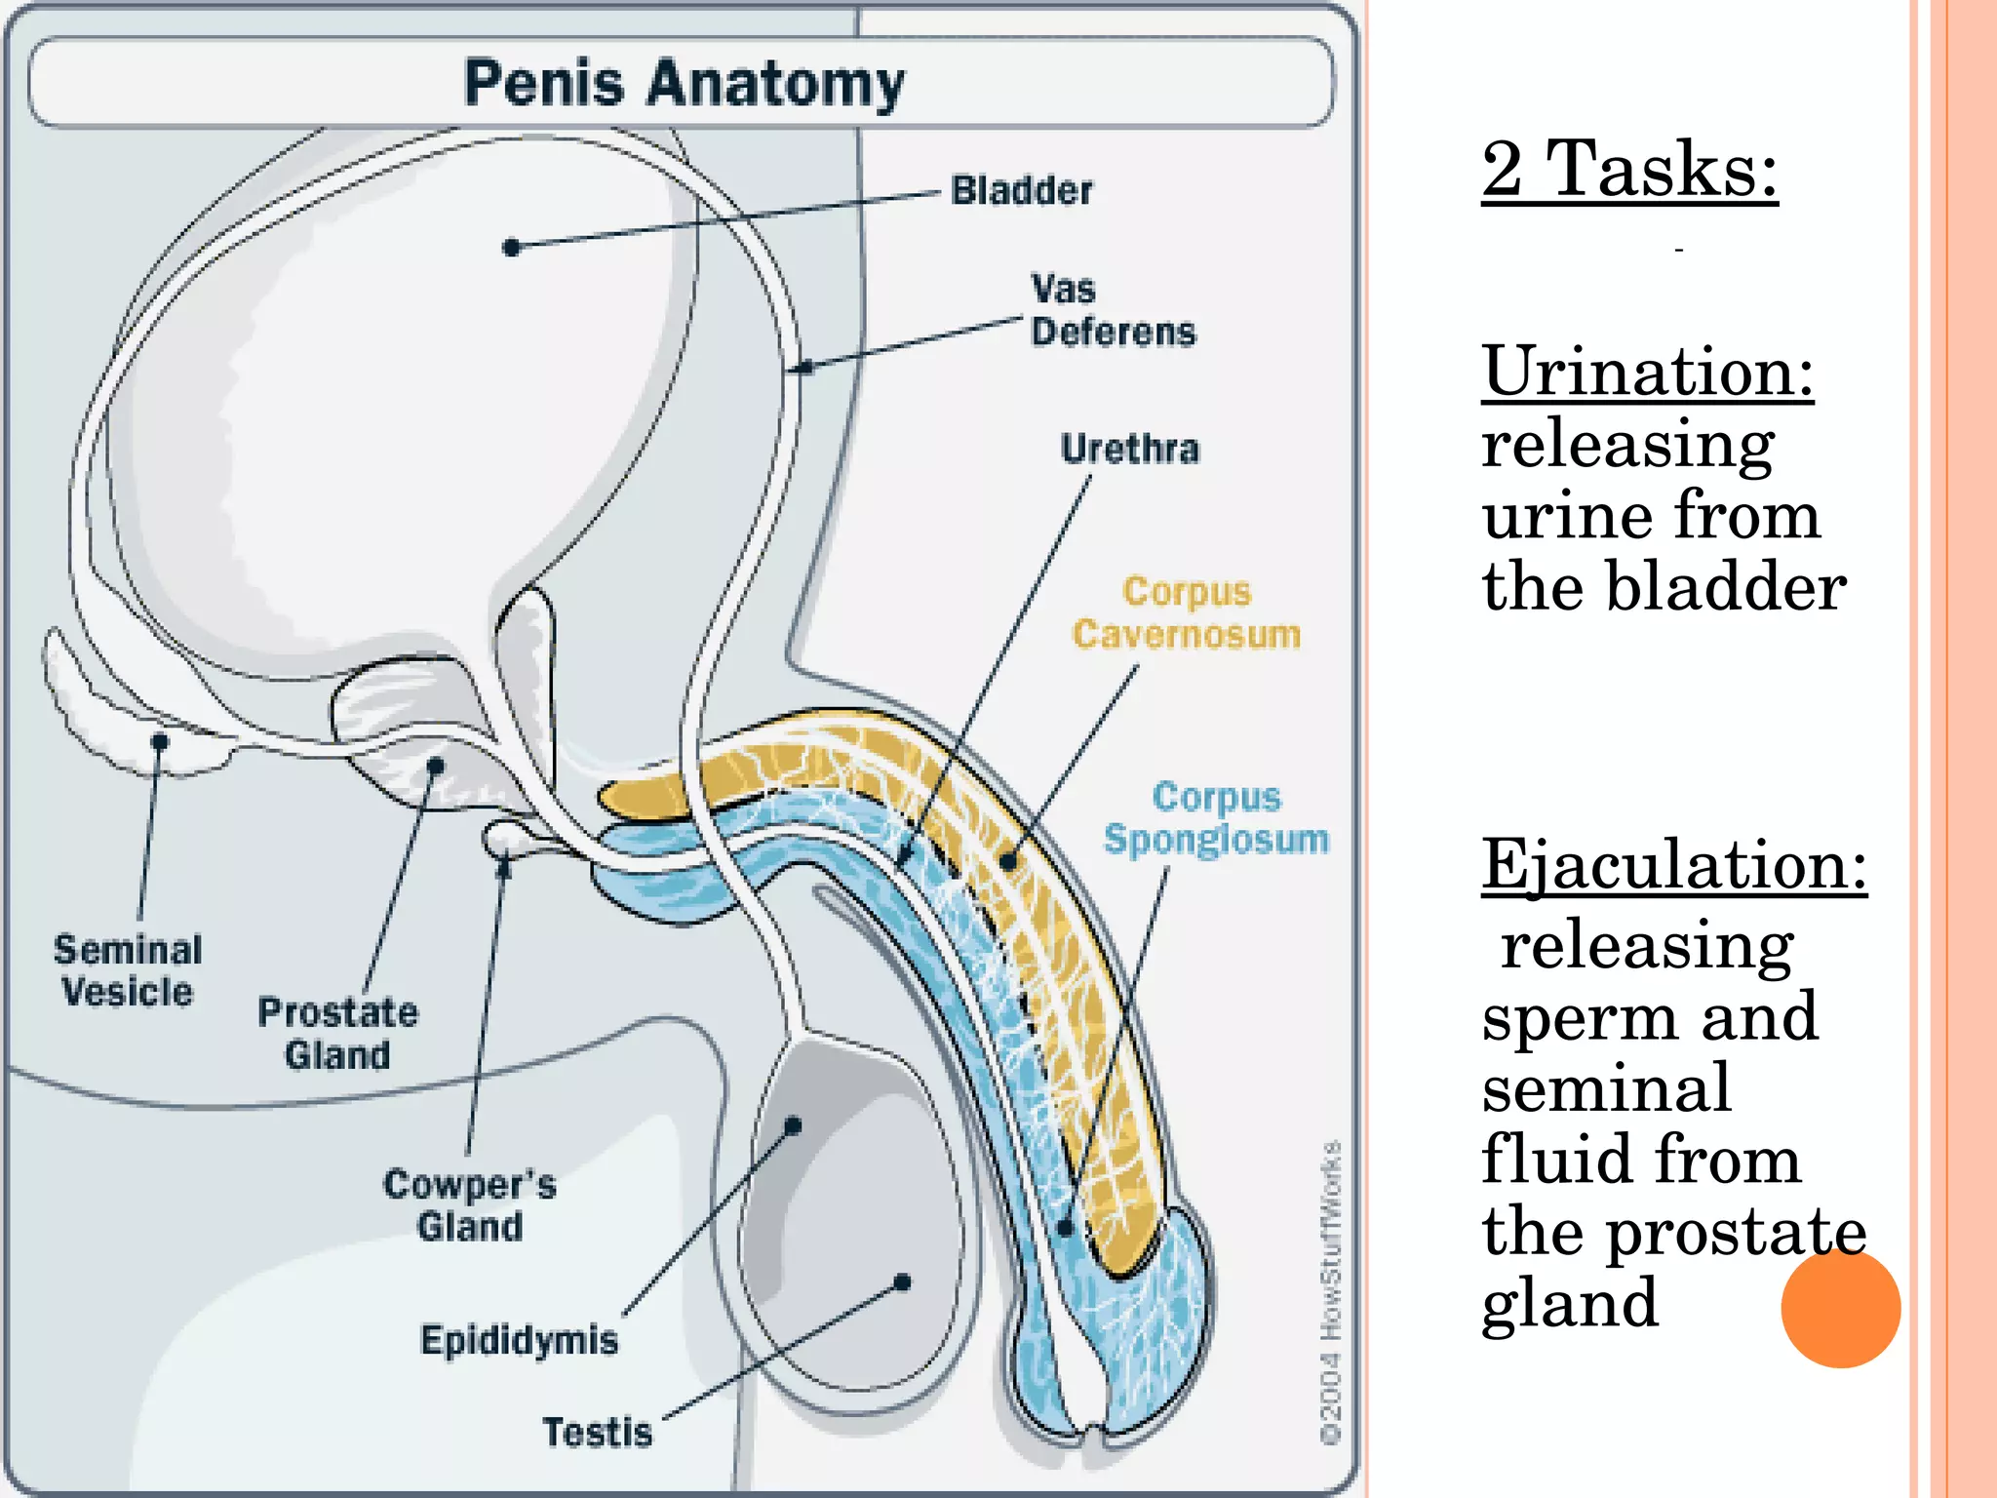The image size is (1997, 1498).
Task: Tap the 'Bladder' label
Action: (1021, 190)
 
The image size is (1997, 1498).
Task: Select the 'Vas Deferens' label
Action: (1112, 310)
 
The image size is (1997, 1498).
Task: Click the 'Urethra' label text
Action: (1129, 449)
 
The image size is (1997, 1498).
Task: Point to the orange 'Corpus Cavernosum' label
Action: (1186, 613)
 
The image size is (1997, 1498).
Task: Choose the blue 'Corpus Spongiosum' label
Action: (1216, 818)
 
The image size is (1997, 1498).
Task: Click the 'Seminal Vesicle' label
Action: (128, 970)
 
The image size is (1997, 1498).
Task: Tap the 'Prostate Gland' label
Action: (337, 1033)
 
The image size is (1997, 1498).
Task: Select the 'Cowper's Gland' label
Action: (469, 1205)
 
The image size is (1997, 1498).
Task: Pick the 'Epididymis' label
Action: (519, 1340)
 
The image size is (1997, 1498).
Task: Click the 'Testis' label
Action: (597, 1432)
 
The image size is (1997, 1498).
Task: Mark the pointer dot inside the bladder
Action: (511, 248)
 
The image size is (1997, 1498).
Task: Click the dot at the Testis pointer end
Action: (902, 1281)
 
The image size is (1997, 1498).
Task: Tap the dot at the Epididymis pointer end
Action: (793, 1126)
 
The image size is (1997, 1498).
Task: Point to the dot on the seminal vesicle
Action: (160, 742)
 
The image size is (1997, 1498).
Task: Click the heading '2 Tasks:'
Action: (1628, 170)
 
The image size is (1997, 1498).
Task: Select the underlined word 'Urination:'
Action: (1647, 372)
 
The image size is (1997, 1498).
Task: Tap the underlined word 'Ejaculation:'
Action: (1673, 864)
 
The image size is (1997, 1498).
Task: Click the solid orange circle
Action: (1840, 1308)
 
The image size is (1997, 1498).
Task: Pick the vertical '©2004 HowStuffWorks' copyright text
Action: (1331, 1291)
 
